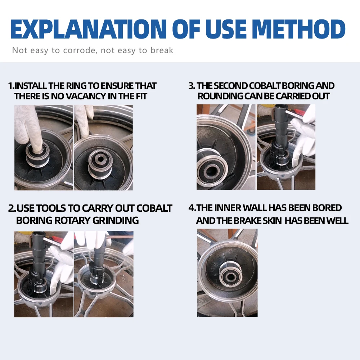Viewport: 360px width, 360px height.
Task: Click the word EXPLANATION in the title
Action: click(x=89, y=29)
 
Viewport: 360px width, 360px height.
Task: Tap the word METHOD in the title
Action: click(x=299, y=29)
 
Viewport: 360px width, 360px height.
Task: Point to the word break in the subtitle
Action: click(x=162, y=50)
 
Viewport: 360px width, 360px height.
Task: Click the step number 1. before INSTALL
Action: click(x=11, y=86)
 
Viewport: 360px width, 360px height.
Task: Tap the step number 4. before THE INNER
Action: click(x=192, y=208)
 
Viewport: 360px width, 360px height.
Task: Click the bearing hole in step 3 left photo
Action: click(x=210, y=171)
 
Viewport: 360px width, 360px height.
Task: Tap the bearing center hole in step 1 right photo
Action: click(x=100, y=159)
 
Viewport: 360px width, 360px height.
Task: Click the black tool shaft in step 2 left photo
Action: click(x=37, y=253)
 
